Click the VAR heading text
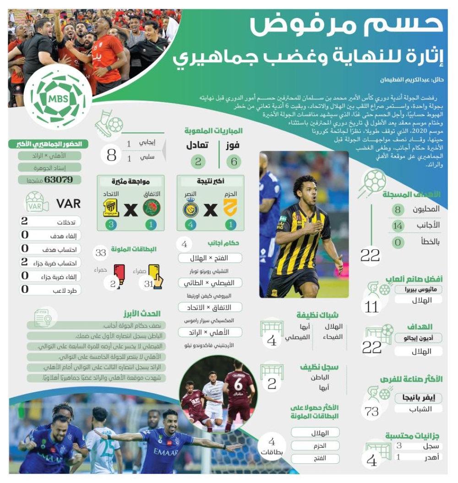coord(68,203)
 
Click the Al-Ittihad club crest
coord(111,208)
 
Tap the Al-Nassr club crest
coord(191,208)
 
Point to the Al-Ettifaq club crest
coord(151,208)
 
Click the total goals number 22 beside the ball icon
coord(370,255)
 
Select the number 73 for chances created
coord(372,411)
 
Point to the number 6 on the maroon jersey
coord(238,384)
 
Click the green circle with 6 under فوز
coord(234,161)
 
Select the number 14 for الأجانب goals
coord(398,225)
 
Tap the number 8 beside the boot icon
coord(111,154)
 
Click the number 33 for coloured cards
coord(101,252)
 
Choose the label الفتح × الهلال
coord(209,258)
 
